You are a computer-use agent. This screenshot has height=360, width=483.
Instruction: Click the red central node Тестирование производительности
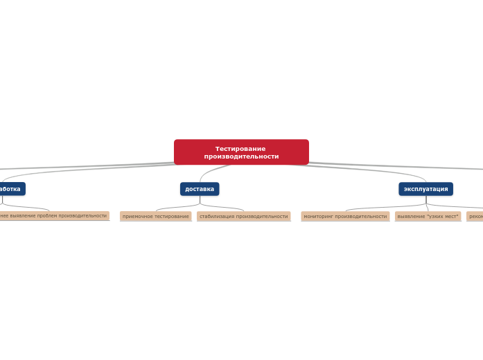click(241, 152)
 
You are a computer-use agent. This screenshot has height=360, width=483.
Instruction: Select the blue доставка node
click(200, 189)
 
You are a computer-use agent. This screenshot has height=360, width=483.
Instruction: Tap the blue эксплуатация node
click(425, 189)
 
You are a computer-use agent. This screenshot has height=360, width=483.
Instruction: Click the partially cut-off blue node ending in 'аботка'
click(11, 189)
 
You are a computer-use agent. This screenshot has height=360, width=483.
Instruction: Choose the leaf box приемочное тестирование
click(155, 217)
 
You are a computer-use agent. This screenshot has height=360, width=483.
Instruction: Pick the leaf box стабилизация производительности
click(243, 217)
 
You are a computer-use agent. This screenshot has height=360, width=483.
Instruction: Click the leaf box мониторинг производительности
click(345, 217)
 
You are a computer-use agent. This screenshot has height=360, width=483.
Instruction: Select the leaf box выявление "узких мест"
click(428, 217)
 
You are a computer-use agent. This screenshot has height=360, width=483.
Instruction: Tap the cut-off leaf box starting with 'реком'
click(475, 217)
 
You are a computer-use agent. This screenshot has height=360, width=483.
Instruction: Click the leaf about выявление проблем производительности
click(54, 216)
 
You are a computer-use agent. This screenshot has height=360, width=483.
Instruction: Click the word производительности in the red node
click(241, 156)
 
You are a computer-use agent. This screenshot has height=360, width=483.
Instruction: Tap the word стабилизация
click(217, 217)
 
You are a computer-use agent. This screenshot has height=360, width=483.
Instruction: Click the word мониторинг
click(318, 217)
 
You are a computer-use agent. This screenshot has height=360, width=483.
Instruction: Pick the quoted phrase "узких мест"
click(443, 217)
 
